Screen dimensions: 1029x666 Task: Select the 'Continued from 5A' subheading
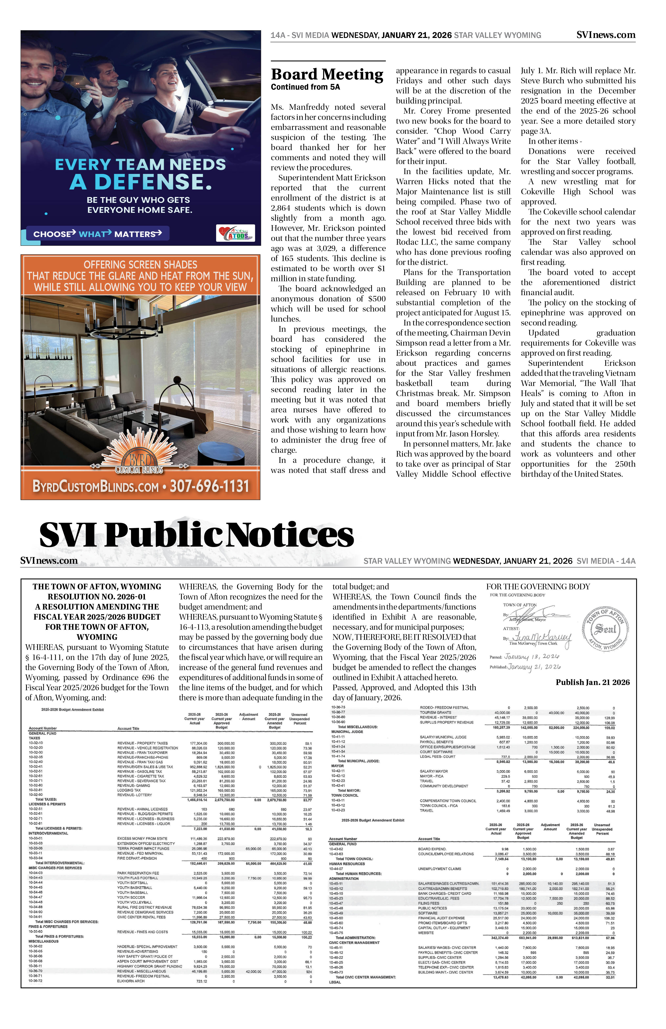click(305, 87)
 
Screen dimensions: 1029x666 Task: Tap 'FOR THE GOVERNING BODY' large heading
click(538, 587)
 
